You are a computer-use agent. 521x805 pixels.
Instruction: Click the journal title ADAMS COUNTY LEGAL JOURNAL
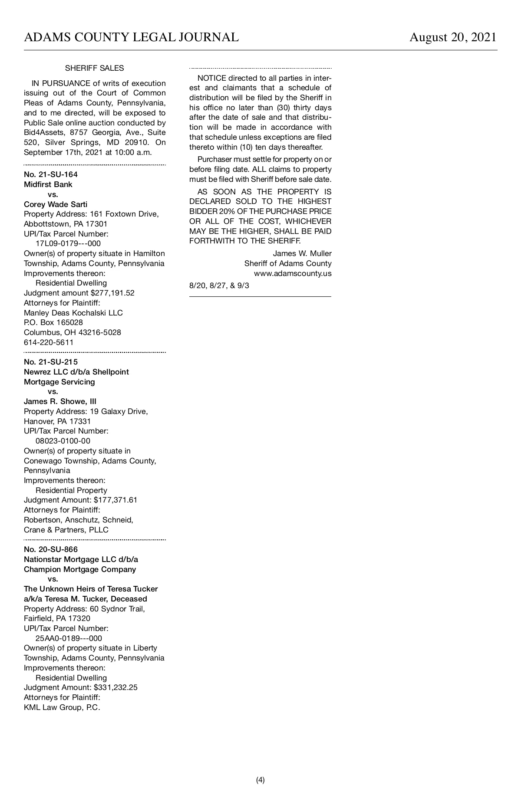click(131, 37)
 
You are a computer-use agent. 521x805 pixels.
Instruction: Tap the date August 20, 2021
click(453, 37)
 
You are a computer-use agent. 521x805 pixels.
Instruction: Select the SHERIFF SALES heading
click(94, 68)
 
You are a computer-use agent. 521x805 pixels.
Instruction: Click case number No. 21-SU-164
click(51, 174)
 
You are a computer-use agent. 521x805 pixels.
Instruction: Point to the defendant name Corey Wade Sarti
click(56, 204)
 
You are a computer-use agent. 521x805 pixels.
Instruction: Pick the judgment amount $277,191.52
click(112, 293)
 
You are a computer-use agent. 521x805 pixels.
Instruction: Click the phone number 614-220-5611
click(49, 342)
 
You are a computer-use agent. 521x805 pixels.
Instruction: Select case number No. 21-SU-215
click(51, 362)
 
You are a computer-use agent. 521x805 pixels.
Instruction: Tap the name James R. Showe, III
click(60, 401)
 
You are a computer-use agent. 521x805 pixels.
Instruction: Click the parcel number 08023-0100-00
click(63, 441)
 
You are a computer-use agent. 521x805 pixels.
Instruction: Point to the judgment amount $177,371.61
click(115, 500)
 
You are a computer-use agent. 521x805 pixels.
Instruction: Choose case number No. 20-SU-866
click(51, 549)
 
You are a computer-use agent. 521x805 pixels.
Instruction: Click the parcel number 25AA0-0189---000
click(69, 638)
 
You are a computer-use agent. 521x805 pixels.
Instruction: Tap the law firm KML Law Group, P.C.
click(62, 707)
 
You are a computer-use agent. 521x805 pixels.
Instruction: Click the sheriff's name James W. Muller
click(302, 253)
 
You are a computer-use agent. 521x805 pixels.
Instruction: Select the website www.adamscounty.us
click(293, 273)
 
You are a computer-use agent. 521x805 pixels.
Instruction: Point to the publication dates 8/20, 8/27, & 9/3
click(219, 286)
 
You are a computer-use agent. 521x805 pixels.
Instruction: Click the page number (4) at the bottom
click(260, 780)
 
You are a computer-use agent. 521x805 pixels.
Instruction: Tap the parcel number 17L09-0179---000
click(68, 244)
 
